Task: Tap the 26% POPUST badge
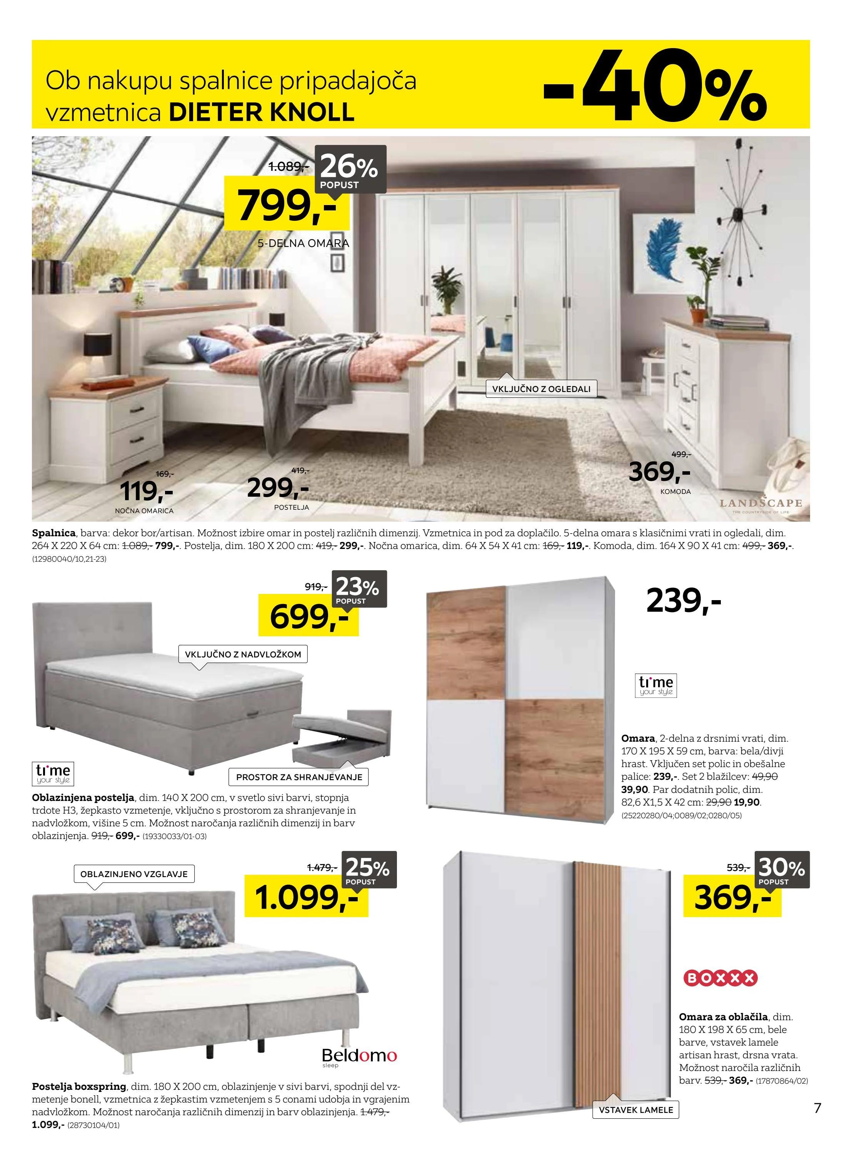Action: pyautogui.click(x=350, y=170)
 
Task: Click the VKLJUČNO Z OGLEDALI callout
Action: pyautogui.click(x=541, y=389)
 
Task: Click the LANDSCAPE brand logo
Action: pyautogui.click(x=760, y=504)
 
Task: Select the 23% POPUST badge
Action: pyautogui.click(x=358, y=590)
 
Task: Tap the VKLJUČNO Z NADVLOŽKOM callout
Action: pyautogui.click(x=243, y=654)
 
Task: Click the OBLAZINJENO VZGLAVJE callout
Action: pyautogui.click(x=134, y=874)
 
